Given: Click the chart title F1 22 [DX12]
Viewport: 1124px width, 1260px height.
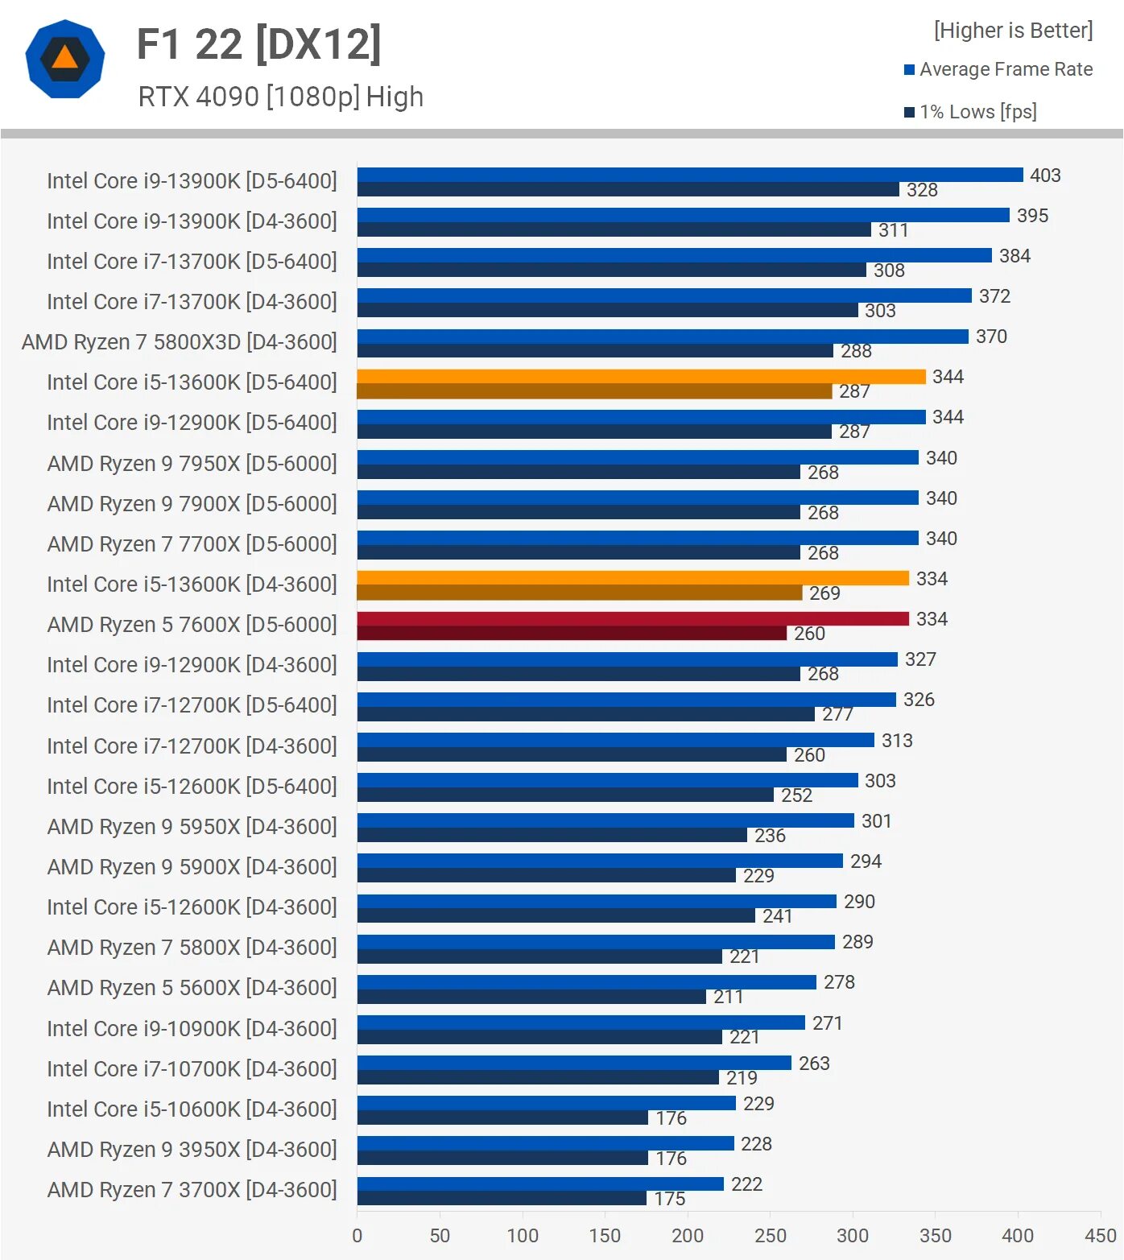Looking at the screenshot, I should click(x=258, y=44).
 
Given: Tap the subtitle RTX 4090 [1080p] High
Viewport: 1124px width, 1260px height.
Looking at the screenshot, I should click(x=280, y=97).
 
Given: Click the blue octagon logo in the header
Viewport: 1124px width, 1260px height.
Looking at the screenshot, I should click(x=65, y=59).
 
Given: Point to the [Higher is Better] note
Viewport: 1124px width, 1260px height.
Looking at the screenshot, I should click(x=1013, y=31).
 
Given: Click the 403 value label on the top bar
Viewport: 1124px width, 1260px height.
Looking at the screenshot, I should click(x=1045, y=176).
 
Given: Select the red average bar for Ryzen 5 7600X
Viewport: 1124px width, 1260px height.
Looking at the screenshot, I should click(x=632, y=618).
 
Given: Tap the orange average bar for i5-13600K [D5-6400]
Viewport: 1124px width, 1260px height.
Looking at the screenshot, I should click(x=640, y=376).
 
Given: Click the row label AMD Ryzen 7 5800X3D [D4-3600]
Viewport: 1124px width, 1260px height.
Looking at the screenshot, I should click(x=179, y=342).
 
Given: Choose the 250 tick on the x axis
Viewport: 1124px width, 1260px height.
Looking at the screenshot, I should click(x=770, y=1236).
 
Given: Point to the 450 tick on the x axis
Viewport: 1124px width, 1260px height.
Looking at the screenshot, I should click(x=1100, y=1236).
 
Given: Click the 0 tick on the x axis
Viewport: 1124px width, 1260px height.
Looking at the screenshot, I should click(x=357, y=1236).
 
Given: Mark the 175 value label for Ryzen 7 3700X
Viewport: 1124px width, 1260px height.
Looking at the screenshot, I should click(x=670, y=1199).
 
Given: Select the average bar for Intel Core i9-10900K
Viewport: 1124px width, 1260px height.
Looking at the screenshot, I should click(x=580, y=1022).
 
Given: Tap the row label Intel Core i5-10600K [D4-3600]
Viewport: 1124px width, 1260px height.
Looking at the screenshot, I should click(x=192, y=1109).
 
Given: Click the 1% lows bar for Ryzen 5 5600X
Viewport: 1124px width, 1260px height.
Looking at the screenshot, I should click(x=531, y=997).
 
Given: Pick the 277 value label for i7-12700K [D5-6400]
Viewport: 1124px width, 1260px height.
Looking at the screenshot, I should click(x=837, y=714).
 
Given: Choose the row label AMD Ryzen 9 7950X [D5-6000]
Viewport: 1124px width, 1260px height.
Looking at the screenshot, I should click(x=192, y=464).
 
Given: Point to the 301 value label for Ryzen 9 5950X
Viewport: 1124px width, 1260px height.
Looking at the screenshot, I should click(x=876, y=821).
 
